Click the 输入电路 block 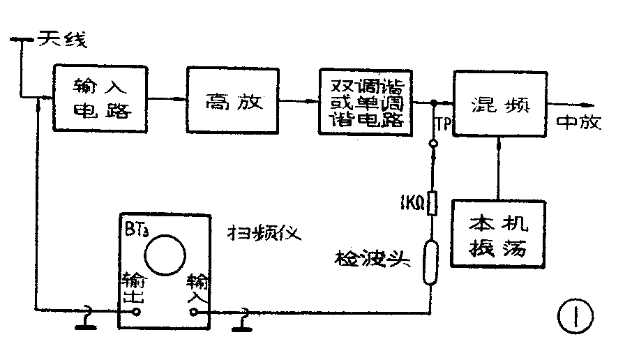[x=102, y=98]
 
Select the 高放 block [x=233, y=101]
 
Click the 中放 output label [x=578, y=122]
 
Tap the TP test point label [x=444, y=124]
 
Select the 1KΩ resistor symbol [x=432, y=204]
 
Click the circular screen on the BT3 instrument [x=167, y=253]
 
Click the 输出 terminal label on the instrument [x=133, y=287]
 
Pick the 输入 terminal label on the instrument [x=195, y=289]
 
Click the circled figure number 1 [x=574, y=317]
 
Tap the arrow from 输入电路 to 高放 [x=168, y=100]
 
